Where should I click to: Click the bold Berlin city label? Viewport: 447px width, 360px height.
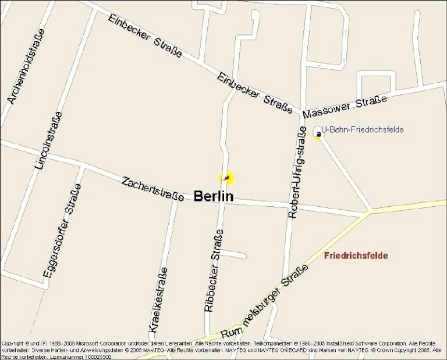coord(213,196)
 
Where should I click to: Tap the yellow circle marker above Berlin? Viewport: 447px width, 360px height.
coord(226,178)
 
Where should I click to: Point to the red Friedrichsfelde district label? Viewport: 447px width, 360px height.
coord(356,256)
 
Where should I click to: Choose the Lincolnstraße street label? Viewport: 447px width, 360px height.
coord(48,140)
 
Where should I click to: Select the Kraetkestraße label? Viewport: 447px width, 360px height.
coord(158,299)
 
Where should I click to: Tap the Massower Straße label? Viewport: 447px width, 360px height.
coord(345,107)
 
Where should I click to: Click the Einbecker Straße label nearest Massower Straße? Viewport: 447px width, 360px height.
coord(255,93)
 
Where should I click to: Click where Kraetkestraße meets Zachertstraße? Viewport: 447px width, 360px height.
coord(175,195)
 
